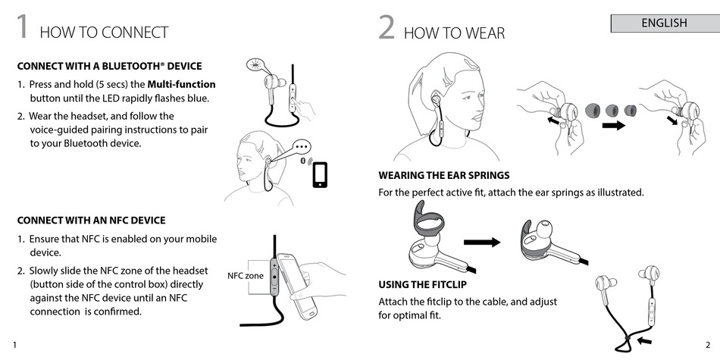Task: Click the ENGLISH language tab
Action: (665, 23)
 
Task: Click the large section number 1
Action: (23, 27)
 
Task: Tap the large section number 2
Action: (387, 27)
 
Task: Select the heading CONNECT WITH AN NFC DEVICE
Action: (91, 221)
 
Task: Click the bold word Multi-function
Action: (181, 84)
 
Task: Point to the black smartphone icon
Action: (320, 174)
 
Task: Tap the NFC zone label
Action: (246, 276)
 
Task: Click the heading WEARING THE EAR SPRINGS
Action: (444, 175)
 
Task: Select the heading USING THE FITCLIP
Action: (422, 285)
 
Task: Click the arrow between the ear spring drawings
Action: (482, 242)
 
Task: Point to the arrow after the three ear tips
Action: (613, 125)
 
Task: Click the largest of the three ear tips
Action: (593, 111)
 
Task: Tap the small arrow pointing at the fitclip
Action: (645, 341)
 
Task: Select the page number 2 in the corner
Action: (708, 346)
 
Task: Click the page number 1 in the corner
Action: (14, 346)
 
